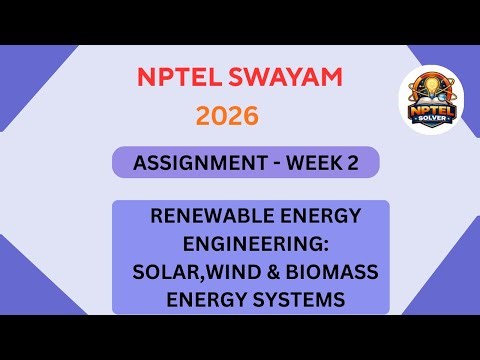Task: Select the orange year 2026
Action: tap(227, 116)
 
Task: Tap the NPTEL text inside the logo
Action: tap(436, 107)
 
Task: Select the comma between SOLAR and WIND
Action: tap(198, 276)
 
